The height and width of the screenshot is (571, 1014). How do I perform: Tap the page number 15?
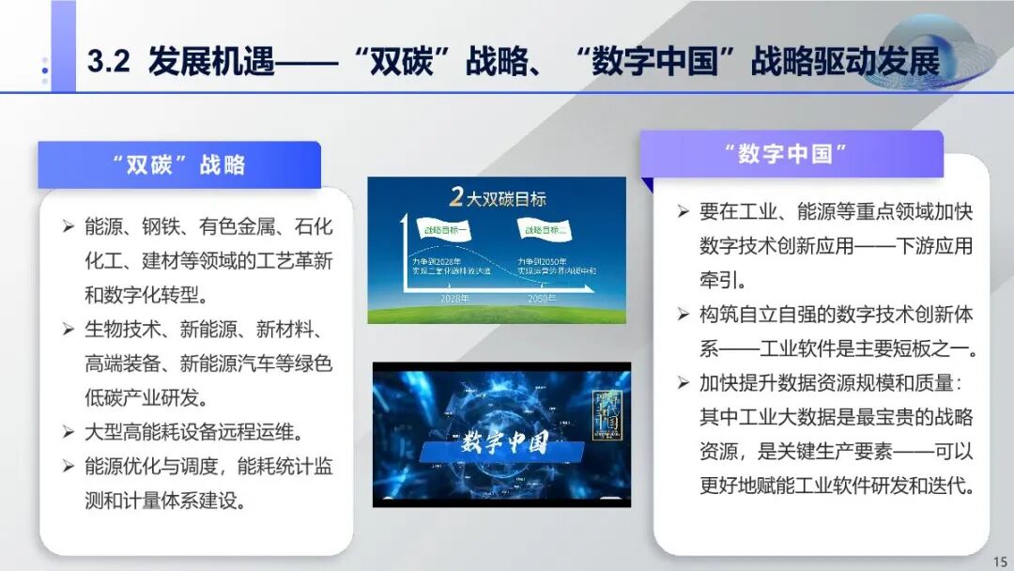click(x=998, y=561)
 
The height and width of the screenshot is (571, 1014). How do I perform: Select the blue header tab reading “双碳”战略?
click(x=178, y=165)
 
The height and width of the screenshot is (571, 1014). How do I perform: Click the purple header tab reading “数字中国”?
click(x=791, y=154)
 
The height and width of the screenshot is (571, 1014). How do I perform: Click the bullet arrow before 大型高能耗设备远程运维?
click(x=69, y=432)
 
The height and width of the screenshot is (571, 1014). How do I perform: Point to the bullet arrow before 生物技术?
click(x=69, y=329)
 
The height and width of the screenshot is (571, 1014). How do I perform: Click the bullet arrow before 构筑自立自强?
click(x=684, y=314)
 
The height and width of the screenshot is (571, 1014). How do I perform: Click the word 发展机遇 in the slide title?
click(x=210, y=62)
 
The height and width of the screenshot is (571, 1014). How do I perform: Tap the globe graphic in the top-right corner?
click(x=924, y=52)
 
